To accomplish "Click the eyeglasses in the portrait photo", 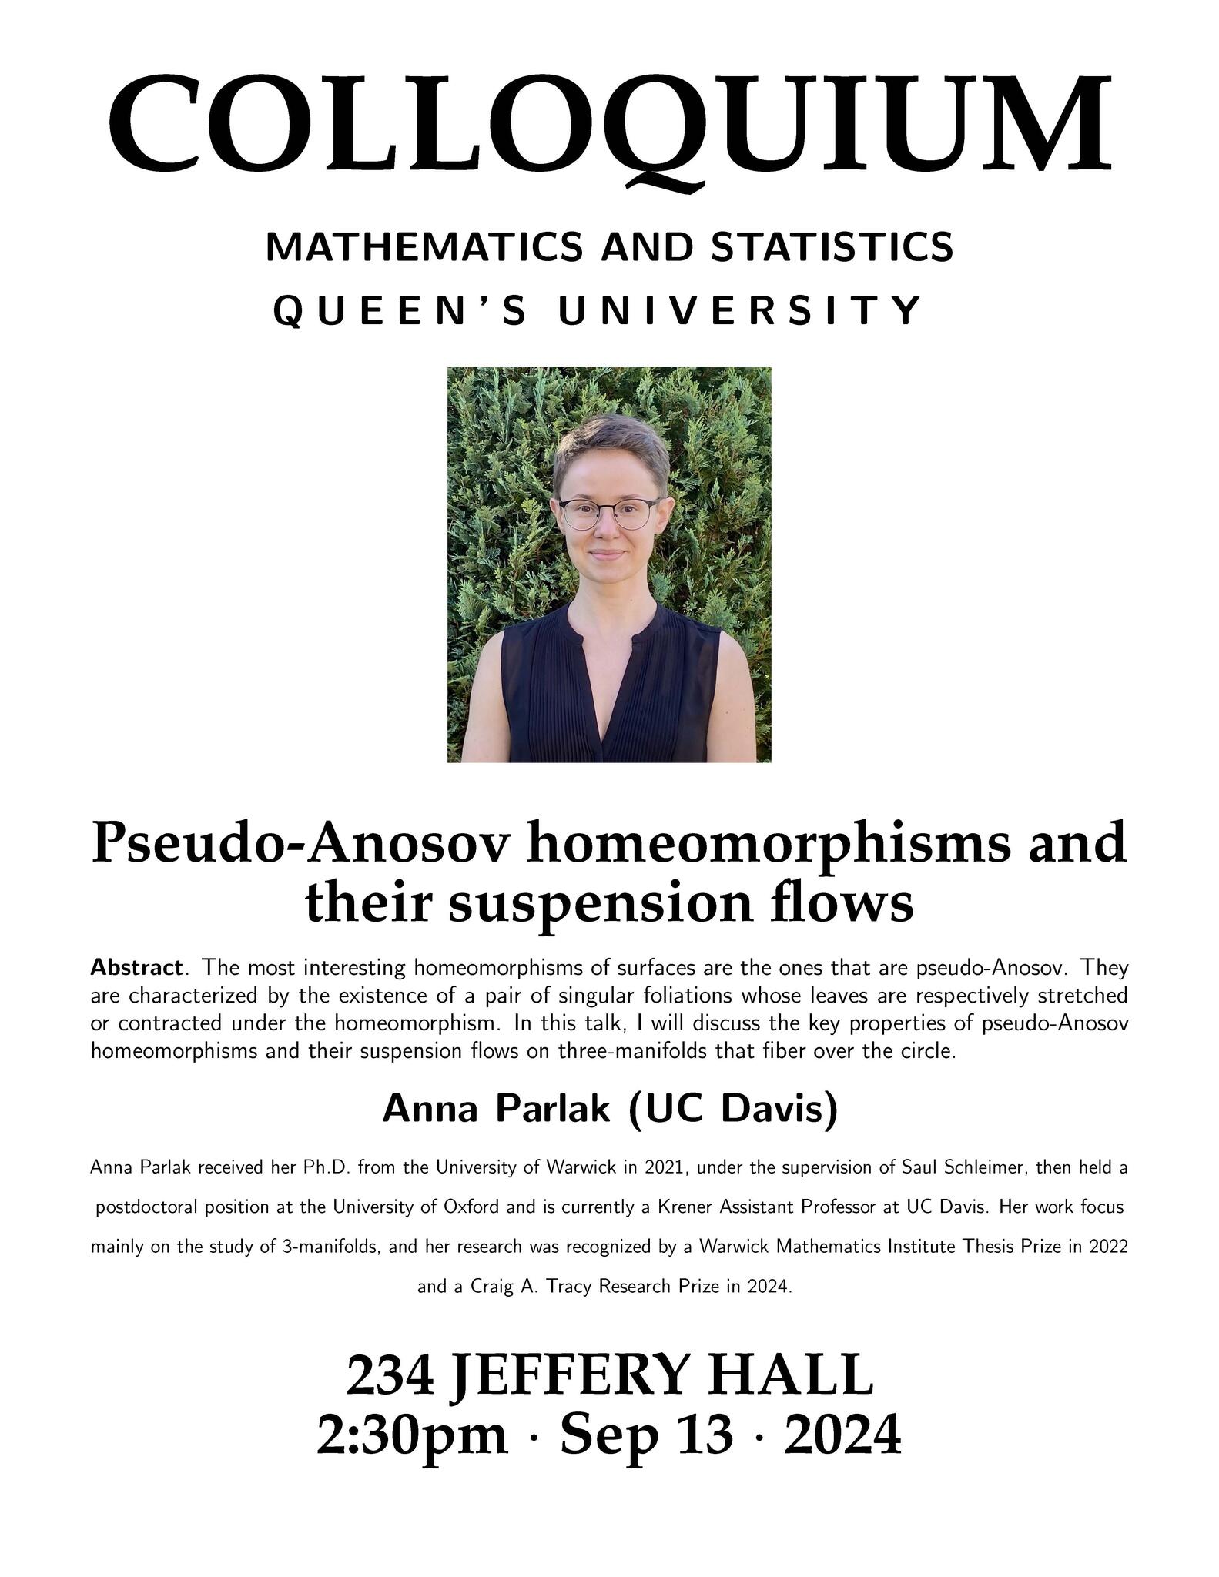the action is click(x=608, y=513).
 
